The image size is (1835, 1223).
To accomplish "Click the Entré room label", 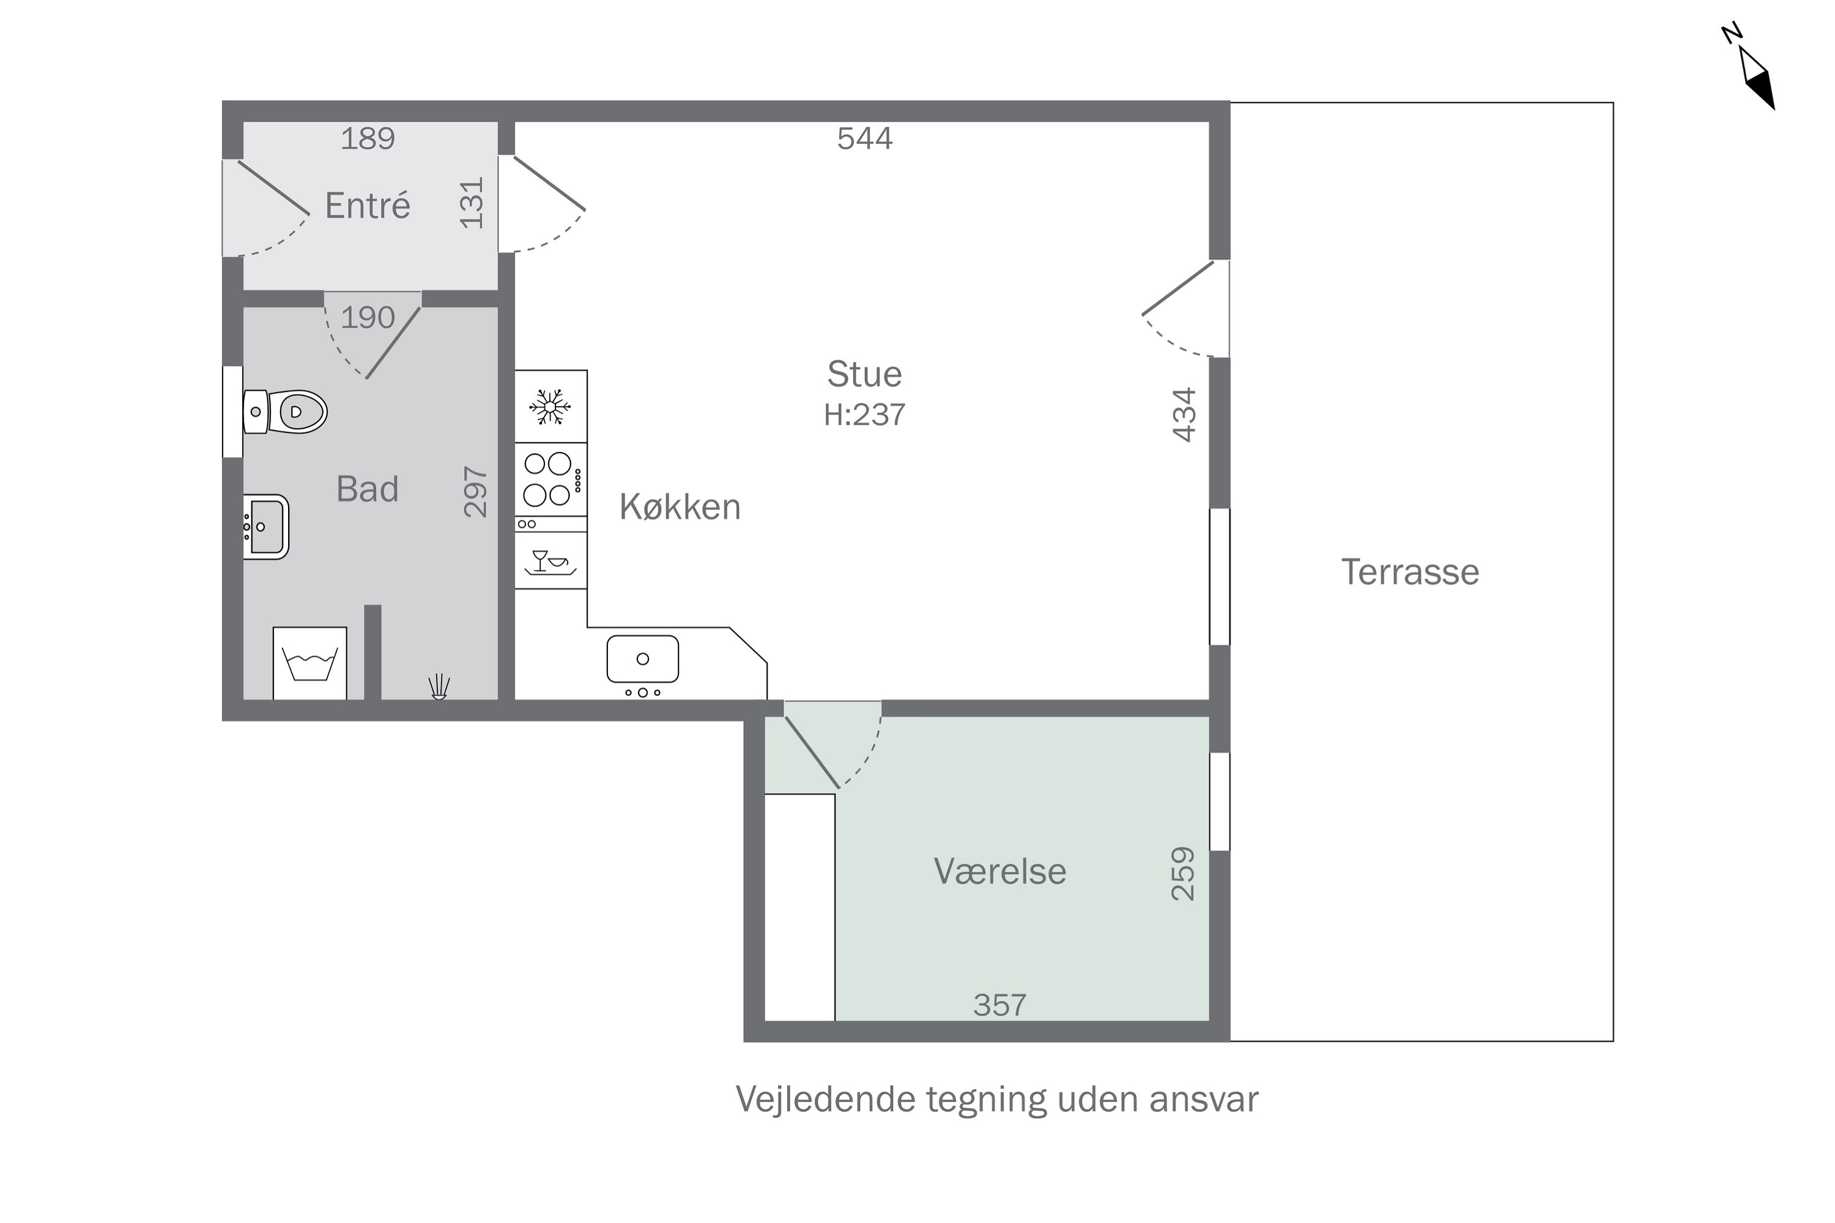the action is coord(368,206).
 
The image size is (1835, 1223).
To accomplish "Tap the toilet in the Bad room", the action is coord(285,412).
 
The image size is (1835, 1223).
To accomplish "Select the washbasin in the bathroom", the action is coord(266,527).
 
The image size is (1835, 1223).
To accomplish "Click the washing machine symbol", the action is coord(310,663).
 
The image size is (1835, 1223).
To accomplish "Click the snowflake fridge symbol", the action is coord(550,407).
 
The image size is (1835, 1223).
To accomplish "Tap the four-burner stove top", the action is coord(551,479).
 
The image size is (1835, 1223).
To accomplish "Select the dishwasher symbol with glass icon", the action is coord(551,561).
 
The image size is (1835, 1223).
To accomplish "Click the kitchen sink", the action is coord(643,659).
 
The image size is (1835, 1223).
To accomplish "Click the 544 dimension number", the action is coord(864,139).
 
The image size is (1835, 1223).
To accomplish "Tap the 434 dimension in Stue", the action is coord(1184,415).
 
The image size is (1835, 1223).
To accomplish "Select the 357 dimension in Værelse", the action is coord(999,1005).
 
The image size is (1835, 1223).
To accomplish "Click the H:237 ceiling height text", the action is coord(864,415).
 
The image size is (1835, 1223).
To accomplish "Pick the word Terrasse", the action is coord(1410,572).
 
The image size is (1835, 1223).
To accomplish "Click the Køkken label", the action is coord(680,507).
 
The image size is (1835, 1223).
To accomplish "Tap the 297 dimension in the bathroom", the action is coord(475,492).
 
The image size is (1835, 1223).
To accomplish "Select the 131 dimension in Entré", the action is coord(472,204).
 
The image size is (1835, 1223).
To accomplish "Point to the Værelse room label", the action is coord(999,871).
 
